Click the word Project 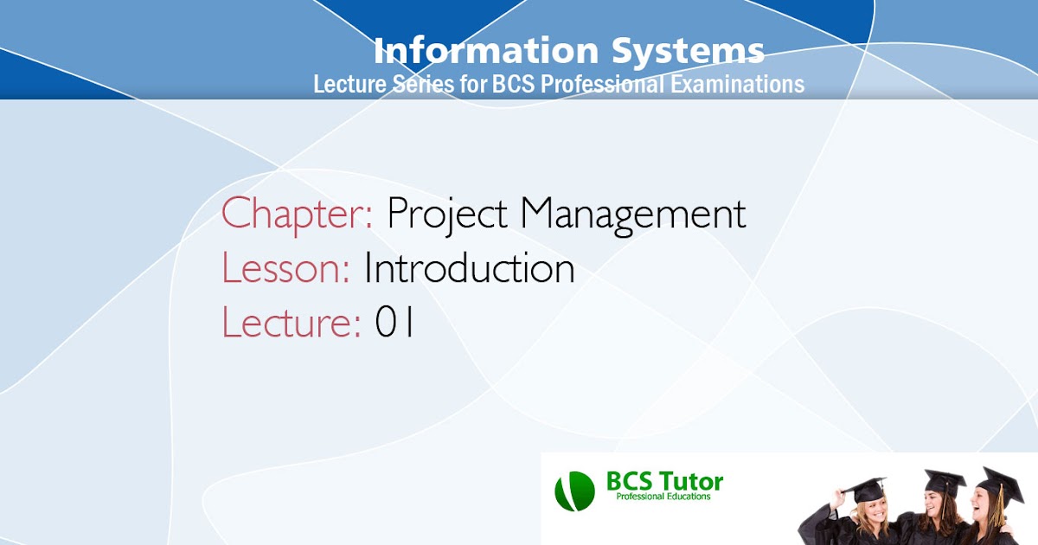pos(447,215)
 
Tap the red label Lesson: pos(285,268)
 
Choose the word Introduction pos(470,268)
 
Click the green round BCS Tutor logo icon pos(575,490)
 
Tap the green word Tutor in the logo pos(689,481)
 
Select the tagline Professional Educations pos(663,497)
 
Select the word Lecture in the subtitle pos(343,85)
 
